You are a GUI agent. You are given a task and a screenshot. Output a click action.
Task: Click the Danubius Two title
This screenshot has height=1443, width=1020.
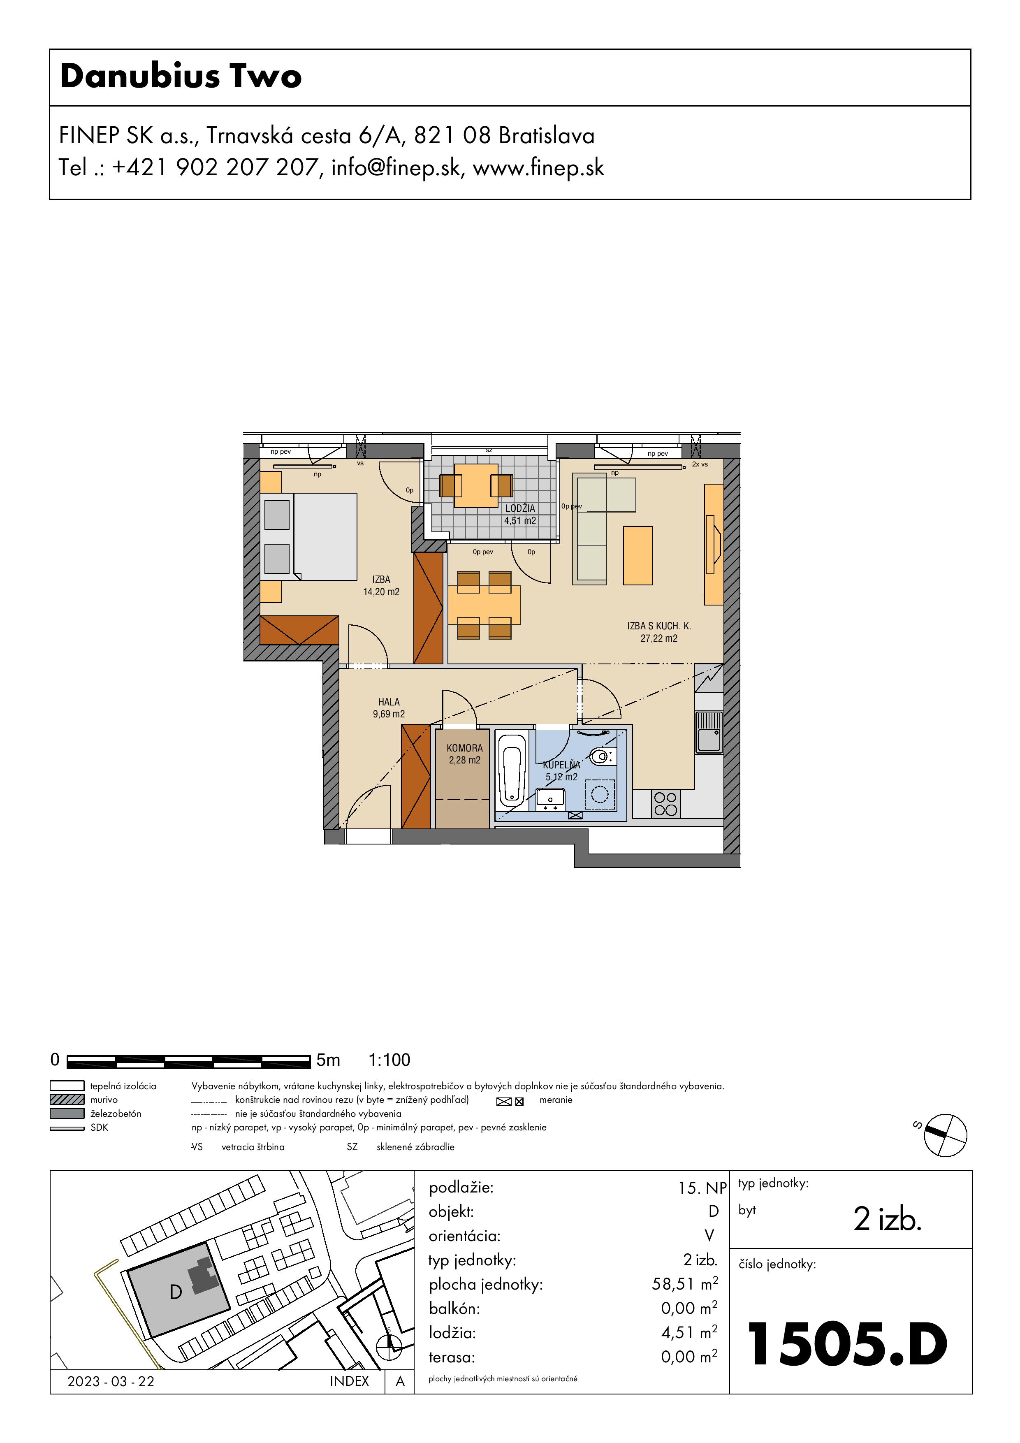coord(181,76)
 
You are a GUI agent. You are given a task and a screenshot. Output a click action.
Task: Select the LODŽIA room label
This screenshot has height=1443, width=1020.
coord(520,508)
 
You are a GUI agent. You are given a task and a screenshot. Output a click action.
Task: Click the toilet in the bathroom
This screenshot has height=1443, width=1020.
coord(603,756)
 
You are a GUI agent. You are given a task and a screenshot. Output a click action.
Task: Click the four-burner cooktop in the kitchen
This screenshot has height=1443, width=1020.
coord(665,804)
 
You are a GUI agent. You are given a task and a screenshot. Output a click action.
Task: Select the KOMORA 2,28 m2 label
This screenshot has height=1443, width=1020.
coord(464,754)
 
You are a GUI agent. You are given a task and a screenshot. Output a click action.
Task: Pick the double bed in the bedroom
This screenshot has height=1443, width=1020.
coord(308,536)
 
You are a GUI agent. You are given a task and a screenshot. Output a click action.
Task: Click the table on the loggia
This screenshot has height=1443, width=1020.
coord(476,486)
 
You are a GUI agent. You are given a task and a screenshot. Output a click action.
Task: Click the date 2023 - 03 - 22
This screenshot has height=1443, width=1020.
coord(111,1381)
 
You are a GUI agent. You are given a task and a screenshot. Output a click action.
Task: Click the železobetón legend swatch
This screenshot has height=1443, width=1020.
coord(67,1113)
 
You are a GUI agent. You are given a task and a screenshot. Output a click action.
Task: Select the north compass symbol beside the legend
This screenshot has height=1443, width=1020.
coord(945,1135)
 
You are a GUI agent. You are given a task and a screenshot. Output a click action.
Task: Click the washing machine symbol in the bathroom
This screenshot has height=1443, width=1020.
coord(600,794)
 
